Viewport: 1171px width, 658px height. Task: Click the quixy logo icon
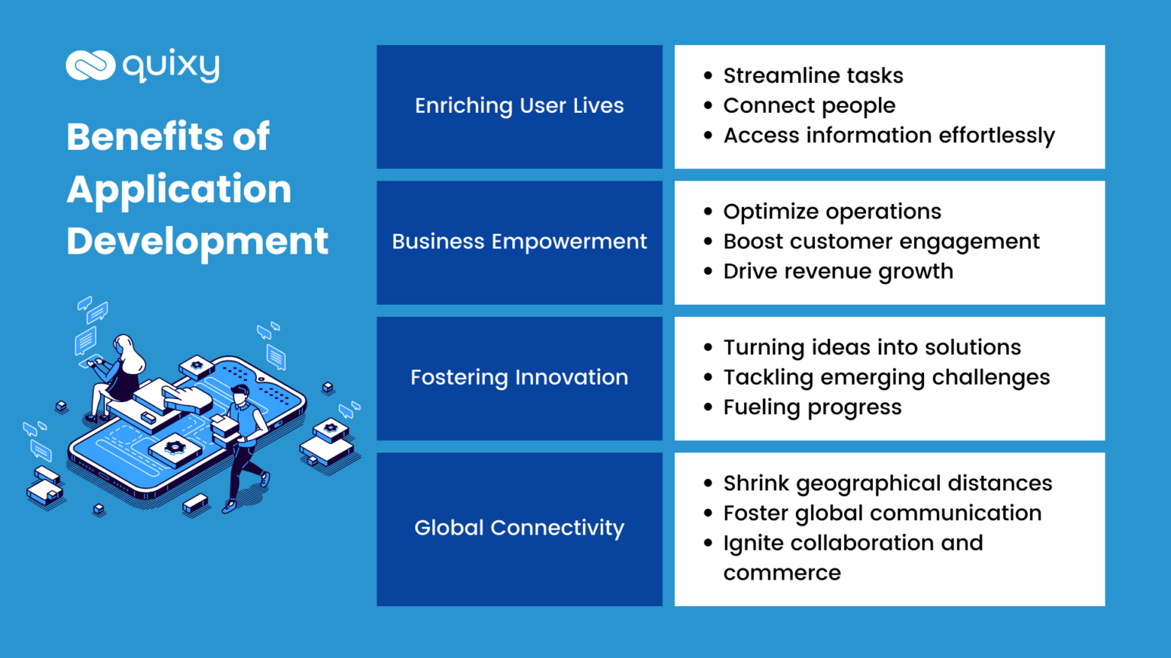[90, 65]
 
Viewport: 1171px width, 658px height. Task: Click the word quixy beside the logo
[171, 66]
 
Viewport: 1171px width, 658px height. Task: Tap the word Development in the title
[197, 241]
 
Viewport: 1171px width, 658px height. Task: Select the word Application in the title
[179, 189]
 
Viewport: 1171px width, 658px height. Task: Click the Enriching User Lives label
[519, 106]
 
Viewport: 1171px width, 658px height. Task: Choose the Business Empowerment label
[519, 241]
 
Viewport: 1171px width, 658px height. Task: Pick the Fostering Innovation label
[519, 377]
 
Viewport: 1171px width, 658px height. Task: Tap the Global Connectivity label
[519, 528]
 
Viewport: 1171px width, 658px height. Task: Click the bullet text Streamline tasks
[813, 75]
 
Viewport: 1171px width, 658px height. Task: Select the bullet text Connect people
[809, 106]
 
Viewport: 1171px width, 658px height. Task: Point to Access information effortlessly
[889, 136]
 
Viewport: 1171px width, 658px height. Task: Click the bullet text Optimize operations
[832, 212]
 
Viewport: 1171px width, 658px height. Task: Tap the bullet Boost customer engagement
[881, 241]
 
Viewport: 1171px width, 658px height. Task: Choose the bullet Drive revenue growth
[838, 272]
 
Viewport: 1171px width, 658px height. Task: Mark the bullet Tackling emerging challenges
[886, 377]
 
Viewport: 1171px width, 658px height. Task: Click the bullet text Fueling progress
[812, 407]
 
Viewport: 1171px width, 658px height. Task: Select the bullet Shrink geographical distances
[887, 483]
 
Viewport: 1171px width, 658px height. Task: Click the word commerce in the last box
[781, 573]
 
